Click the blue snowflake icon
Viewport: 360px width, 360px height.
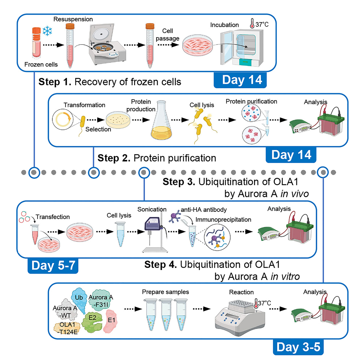47,31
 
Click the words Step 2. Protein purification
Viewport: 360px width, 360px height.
157,158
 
